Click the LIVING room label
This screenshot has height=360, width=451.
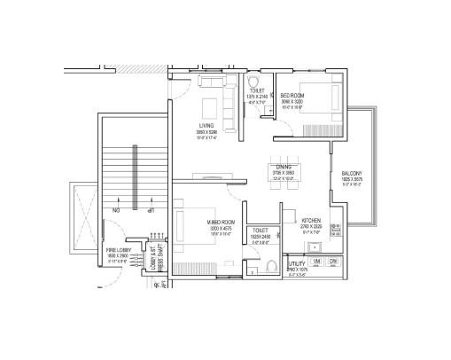point(206,126)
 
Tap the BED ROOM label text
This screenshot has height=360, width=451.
point(293,95)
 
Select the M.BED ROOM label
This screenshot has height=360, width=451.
point(221,221)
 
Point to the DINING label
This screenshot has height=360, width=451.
point(284,167)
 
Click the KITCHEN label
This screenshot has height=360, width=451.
point(311,220)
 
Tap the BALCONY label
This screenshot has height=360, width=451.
point(351,173)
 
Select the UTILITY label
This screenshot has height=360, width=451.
point(297,263)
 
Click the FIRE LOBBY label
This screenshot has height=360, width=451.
point(118,250)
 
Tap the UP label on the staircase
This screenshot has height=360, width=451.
point(151,211)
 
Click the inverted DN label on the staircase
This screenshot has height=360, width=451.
point(115,211)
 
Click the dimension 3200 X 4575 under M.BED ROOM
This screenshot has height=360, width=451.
point(221,228)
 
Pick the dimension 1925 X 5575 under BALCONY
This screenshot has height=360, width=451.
point(351,180)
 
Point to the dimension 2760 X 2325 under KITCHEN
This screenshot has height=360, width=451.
point(311,227)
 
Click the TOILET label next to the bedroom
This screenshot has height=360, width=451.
point(256,90)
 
